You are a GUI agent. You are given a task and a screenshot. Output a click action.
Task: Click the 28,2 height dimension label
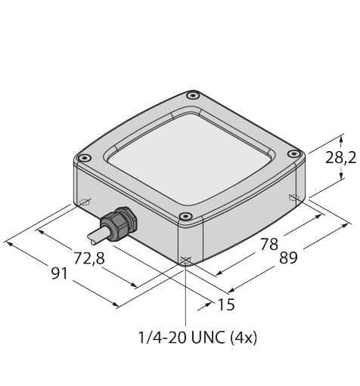point(340,158)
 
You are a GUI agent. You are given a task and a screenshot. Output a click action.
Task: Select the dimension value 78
point(269,244)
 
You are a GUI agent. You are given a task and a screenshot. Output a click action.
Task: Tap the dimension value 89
point(289,258)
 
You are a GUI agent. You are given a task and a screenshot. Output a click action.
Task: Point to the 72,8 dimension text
point(89,258)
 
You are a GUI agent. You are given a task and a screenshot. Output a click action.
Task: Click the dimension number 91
point(60,273)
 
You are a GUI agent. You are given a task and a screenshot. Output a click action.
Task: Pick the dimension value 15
point(226,304)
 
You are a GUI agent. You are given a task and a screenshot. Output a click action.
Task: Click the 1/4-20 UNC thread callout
point(182,338)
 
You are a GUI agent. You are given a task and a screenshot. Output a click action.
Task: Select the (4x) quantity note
point(244,338)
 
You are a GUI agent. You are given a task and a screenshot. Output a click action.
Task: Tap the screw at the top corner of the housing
point(193,95)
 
